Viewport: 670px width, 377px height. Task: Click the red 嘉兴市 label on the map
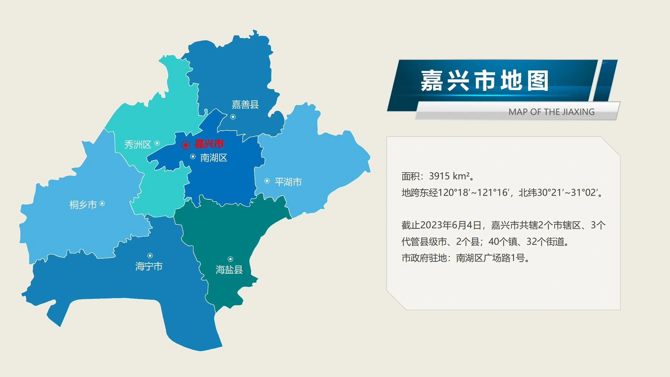click(209, 144)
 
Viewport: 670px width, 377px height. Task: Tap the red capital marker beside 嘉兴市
click(185, 145)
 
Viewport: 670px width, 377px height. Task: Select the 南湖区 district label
click(214, 158)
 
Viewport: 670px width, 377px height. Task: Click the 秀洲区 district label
click(138, 145)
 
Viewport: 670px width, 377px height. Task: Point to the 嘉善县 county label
click(245, 105)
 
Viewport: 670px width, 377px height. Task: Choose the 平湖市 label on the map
click(288, 182)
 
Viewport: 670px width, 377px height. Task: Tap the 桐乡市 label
click(83, 205)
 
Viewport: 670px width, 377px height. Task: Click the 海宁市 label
click(149, 267)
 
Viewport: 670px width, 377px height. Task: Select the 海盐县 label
click(229, 270)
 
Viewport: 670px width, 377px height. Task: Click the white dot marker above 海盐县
click(230, 259)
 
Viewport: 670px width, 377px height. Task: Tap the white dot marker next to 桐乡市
click(102, 204)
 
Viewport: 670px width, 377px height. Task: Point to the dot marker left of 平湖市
click(267, 181)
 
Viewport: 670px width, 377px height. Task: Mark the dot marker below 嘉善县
click(233, 117)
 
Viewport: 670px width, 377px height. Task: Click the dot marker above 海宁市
click(150, 255)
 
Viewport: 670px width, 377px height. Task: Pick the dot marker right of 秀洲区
click(157, 143)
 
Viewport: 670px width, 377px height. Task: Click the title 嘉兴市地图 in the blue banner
click(484, 81)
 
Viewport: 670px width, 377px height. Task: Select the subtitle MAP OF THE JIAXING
click(551, 112)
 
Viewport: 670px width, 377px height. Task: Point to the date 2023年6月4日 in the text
click(450, 225)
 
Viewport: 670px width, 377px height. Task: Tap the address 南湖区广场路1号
click(491, 258)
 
